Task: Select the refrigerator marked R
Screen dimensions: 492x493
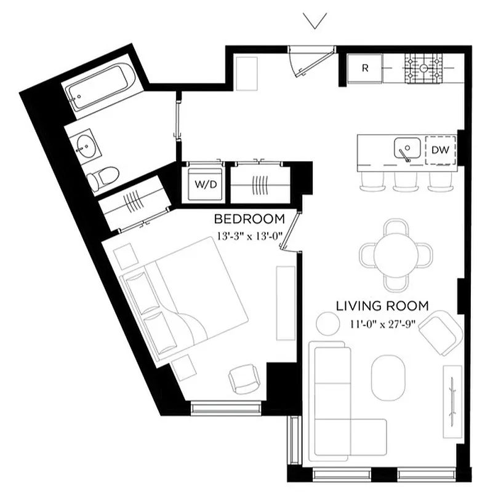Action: pyautogui.click(x=364, y=68)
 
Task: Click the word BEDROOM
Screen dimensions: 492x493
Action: pyautogui.click(x=249, y=219)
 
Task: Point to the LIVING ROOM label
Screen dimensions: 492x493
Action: pyautogui.click(x=382, y=306)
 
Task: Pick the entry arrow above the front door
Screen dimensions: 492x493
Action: pyautogui.click(x=315, y=22)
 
